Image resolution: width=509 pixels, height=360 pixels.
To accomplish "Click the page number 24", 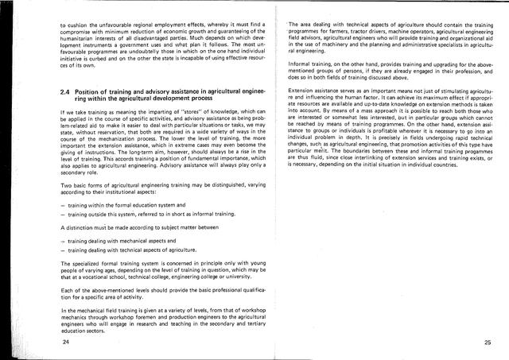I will [x=64, y=342].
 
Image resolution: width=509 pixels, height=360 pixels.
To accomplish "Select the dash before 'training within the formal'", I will [x=62, y=207].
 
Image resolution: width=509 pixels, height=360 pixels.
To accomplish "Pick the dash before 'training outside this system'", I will [x=62, y=215].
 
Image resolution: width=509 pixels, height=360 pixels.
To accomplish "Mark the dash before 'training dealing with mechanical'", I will [x=62, y=239].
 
